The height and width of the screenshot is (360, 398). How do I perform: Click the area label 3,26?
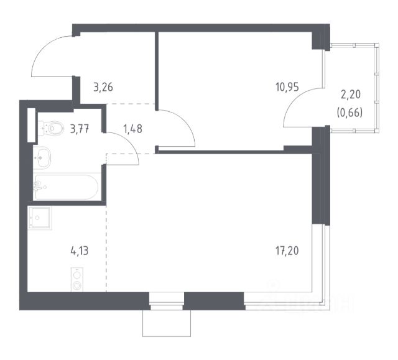(x=103, y=88)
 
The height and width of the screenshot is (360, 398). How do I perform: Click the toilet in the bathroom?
(x=52, y=129)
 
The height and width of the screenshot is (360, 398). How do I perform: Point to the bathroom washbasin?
(x=44, y=155)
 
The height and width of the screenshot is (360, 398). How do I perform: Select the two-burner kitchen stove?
(x=77, y=279)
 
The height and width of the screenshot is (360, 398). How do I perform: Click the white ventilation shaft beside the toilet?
(x=31, y=126)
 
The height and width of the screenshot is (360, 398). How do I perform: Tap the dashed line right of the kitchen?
(x=107, y=249)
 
